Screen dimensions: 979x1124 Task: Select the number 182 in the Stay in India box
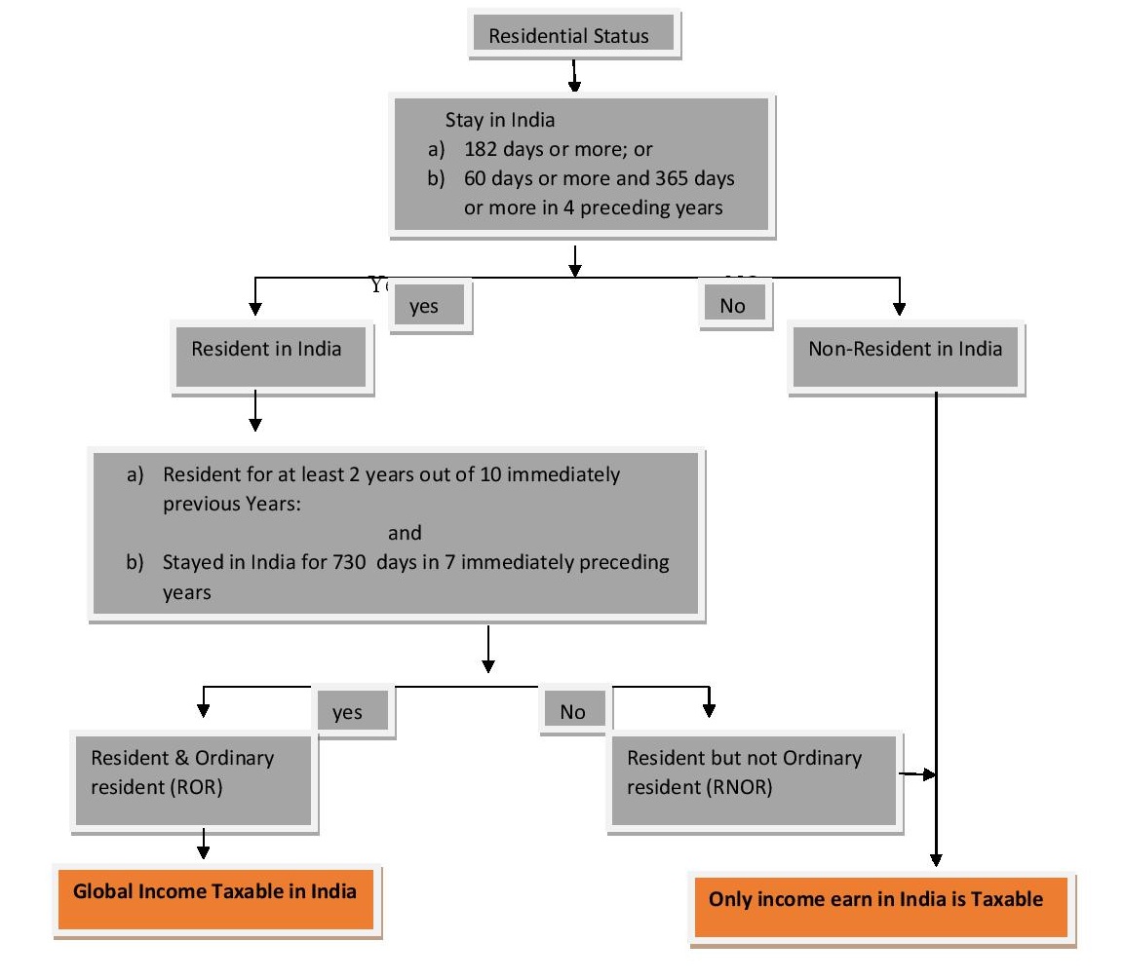click(x=482, y=150)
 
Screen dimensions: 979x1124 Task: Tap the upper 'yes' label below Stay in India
click(x=425, y=306)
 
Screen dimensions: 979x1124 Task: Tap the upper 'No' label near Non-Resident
click(x=732, y=306)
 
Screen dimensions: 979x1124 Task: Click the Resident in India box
click(x=267, y=349)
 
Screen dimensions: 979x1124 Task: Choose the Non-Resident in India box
click(x=905, y=349)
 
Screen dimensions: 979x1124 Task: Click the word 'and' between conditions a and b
click(x=405, y=533)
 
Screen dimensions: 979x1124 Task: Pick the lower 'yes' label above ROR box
click(x=347, y=712)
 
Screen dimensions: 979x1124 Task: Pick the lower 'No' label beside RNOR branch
click(x=573, y=712)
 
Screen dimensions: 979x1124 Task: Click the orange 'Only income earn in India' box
click(x=875, y=900)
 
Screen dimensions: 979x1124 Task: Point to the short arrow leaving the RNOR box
click(x=916, y=774)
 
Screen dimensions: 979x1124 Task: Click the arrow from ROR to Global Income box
click(x=203, y=844)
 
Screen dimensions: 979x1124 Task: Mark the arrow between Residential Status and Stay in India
click(x=574, y=75)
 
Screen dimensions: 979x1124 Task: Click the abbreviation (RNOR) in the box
click(x=740, y=788)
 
